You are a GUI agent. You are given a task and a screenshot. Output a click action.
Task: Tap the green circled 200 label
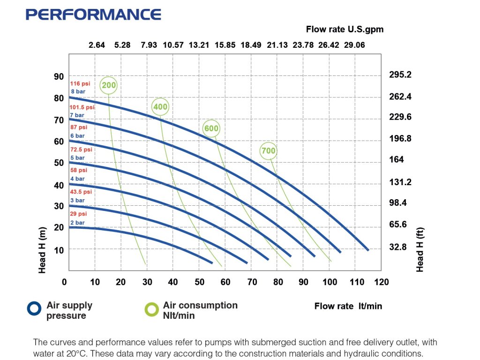coord(109,85)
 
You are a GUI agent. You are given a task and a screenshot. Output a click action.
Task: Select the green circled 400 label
coord(160,107)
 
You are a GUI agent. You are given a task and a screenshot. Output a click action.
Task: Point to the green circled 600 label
coord(211,128)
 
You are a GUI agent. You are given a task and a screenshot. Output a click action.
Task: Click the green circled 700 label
coord(269,151)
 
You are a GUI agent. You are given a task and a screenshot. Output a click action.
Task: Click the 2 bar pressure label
coord(77,223)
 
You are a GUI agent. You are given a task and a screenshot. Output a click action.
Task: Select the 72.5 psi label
coord(81,150)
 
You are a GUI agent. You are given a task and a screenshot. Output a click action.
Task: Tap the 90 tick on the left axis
coord(58,76)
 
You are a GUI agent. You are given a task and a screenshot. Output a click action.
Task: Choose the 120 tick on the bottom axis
coord(382,282)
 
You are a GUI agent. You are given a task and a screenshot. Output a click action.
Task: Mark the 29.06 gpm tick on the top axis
coord(354,45)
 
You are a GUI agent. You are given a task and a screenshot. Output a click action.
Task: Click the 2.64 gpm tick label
coord(97,45)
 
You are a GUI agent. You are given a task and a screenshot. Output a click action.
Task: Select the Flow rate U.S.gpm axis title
coord(345,29)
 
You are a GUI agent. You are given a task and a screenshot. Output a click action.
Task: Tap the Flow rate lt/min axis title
coord(348,306)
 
